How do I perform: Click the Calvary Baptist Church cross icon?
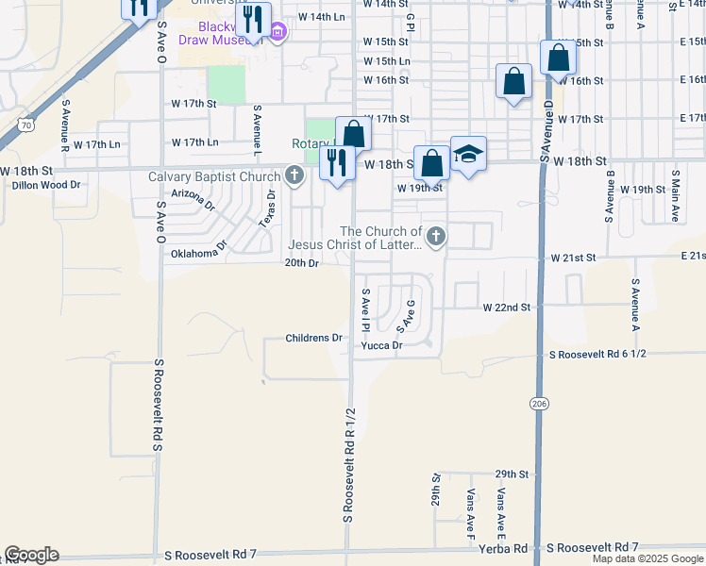click(295, 175)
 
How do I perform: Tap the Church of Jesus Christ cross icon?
click(435, 236)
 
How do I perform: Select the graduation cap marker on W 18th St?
click(468, 154)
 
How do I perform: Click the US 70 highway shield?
click(26, 123)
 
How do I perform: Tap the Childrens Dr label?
click(314, 338)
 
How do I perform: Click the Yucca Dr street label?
click(382, 345)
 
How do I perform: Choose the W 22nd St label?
click(507, 308)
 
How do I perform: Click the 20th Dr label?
click(302, 263)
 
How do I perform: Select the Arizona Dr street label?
click(193, 198)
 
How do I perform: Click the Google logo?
click(31, 555)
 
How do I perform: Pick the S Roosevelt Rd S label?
click(159, 405)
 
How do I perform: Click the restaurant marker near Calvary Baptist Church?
click(336, 164)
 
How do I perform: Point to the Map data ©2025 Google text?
click(647, 558)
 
